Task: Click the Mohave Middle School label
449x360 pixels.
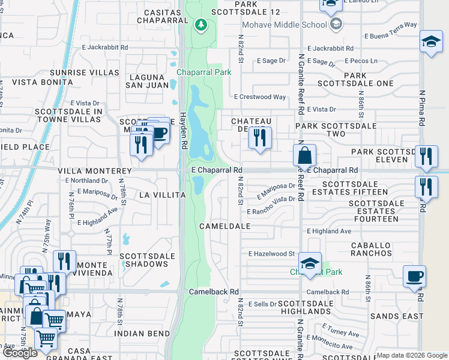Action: [x=285, y=25]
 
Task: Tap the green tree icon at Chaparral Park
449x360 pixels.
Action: [x=201, y=25]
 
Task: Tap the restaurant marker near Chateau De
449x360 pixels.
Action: [x=260, y=139]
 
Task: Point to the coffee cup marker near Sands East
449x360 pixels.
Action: [x=414, y=277]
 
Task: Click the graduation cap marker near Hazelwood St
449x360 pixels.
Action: [x=310, y=264]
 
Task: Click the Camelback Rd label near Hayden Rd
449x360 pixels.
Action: [x=210, y=292]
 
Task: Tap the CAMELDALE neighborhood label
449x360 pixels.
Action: [x=225, y=227]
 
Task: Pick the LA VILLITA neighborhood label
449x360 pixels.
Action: [x=160, y=195]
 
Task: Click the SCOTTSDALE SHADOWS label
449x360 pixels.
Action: [x=143, y=260]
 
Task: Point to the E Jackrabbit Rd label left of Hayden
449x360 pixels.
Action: [x=105, y=46]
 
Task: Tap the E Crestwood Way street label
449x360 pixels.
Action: [x=260, y=97]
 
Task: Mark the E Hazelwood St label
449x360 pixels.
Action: [x=271, y=254]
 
